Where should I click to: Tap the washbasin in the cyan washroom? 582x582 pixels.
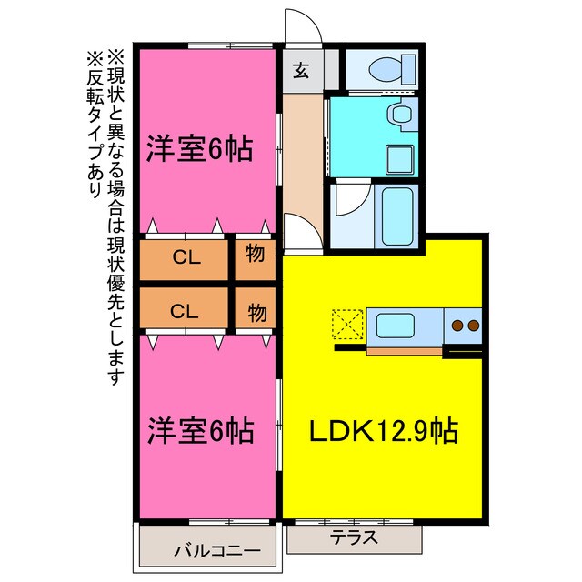click(397, 116)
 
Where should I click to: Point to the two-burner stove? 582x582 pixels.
click(465, 325)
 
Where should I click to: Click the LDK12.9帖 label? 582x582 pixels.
click(382, 429)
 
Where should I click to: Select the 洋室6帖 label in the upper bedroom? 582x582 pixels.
click(200, 148)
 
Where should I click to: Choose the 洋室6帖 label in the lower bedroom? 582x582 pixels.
click(200, 429)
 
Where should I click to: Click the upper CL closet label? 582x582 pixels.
click(186, 256)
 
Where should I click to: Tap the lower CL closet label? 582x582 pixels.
click(186, 311)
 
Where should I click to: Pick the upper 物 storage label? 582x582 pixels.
click(256, 256)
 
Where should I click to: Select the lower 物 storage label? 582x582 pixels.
click(256, 311)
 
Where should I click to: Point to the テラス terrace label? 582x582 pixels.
click(354, 537)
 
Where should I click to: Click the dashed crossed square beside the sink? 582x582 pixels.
click(347, 325)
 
